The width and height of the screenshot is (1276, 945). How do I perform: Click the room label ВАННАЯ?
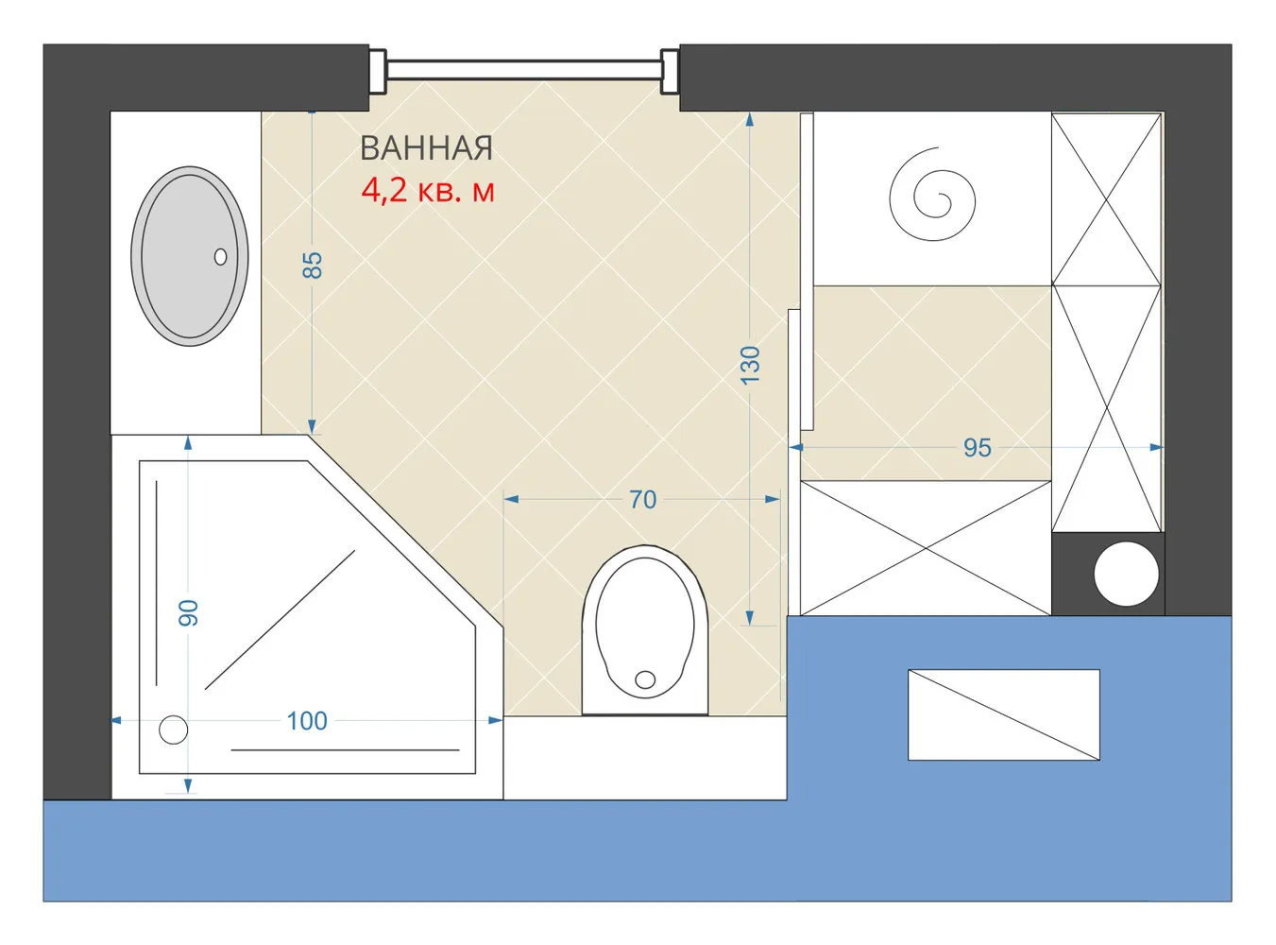point(426,148)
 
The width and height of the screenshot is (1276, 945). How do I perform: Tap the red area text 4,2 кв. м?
point(428,190)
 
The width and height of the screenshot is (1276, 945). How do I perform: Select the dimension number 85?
point(313,266)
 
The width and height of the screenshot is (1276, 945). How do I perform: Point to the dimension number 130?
point(750,366)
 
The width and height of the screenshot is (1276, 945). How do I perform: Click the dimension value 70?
point(642,500)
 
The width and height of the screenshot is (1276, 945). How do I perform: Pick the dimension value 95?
point(978,448)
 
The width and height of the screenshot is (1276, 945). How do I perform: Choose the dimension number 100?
point(307,721)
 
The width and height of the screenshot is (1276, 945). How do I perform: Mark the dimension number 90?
point(188,612)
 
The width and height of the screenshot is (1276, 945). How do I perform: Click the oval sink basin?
point(190,256)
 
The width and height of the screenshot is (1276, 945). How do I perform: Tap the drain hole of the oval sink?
point(220,257)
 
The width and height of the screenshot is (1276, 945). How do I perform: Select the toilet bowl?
point(645,630)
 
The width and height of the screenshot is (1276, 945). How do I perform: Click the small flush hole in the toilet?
point(645,679)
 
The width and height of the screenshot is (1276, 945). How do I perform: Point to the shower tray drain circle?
point(173,730)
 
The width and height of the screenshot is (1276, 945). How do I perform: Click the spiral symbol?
point(932,194)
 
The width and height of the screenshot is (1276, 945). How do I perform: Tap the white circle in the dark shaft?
point(1126,575)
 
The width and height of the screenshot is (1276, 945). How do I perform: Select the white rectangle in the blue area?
point(1004,714)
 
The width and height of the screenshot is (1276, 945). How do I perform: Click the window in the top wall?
point(524,71)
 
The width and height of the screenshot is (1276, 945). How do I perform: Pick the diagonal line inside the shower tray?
point(280,620)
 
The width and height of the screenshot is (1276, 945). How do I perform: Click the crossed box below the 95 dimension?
point(926,548)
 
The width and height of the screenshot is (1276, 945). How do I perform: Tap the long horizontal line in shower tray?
point(345,749)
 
